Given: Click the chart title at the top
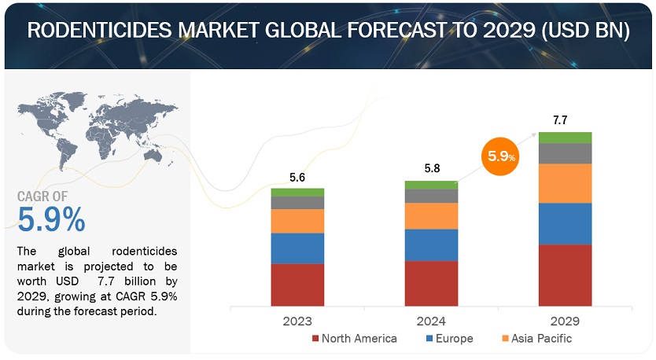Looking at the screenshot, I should pyautogui.click(x=328, y=31).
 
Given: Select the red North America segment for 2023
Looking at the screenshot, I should pyautogui.click(x=297, y=285).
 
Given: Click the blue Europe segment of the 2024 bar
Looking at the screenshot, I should pyautogui.click(x=431, y=244).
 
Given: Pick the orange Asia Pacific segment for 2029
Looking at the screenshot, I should pyautogui.click(x=565, y=183).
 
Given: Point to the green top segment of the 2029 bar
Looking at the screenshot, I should pyautogui.click(x=565, y=138).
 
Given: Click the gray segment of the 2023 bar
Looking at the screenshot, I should pyautogui.click(x=297, y=202).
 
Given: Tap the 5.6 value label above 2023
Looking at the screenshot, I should pyautogui.click(x=297, y=178).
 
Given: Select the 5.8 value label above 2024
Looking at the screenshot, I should pyautogui.click(x=431, y=169).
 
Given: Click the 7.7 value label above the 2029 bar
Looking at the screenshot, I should pyautogui.click(x=560, y=120).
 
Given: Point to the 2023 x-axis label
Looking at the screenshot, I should pyautogui.click(x=297, y=321).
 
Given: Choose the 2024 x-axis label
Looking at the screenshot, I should pyautogui.click(x=431, y=321).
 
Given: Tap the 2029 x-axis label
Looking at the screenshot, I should pyautogui.click(x=565, y=321).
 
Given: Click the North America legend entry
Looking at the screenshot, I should pyautogui.click(x=355, y=339).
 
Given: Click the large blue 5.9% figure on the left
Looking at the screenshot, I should pyautogui.click(x=52, y=221).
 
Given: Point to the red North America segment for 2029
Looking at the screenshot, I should pyautogui.click(x=565, y=275).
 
